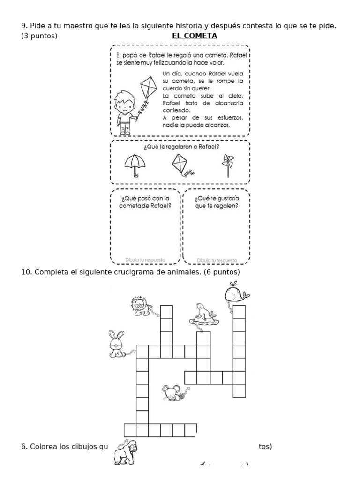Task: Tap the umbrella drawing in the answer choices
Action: click(135, 165)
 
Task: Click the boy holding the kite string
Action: click(126, 111)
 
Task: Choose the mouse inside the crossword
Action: click(173, 392)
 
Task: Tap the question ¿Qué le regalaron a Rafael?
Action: click(182, 147)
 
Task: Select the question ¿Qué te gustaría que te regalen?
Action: click(216, 202)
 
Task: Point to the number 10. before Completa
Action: click(26, 272)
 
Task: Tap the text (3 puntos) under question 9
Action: click(39, 36)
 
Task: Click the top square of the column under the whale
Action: click(239, 312)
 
